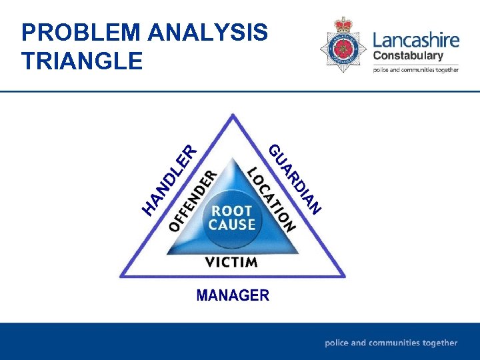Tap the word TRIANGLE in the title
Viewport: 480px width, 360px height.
click(82, 61)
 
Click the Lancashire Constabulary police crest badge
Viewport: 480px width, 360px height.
click(343, 45)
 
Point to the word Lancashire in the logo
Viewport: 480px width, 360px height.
click(416, 39)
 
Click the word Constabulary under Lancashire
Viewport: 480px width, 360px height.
click(407, 56)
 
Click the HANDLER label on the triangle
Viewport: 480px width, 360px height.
click(171, 181)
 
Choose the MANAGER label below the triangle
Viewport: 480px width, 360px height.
click(233, 295)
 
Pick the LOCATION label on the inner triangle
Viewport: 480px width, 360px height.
click(271, 199)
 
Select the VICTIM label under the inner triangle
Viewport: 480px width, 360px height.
click(231, 262)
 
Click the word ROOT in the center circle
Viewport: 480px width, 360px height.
click(232, 211)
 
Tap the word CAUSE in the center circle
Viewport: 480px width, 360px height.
click(232, 225)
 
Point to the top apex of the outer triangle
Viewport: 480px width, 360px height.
click(233, 115)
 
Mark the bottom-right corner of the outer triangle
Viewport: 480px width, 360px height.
click(344, 276)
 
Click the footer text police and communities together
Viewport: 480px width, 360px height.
click(391, 343)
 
